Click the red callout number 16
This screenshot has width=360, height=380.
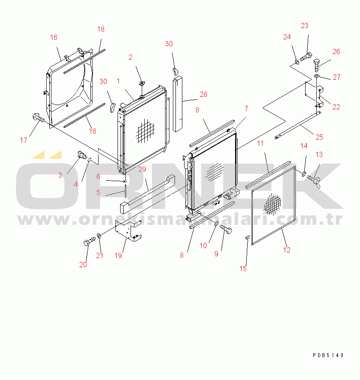pos(54,37)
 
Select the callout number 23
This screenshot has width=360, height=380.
pos(305,26)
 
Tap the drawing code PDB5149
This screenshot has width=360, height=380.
pos(328,355)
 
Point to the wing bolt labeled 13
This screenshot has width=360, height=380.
pos(315,181)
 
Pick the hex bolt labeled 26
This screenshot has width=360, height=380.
pos(317,65)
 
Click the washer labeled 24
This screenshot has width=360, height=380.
pos(296,62)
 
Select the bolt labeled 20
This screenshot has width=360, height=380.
pos(89,241)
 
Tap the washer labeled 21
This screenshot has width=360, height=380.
pos(99,236)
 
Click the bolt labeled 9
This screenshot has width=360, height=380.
pos(226,229)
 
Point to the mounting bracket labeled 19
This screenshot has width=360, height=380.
pos(128,231)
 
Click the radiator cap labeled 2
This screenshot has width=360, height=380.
pos(142,83)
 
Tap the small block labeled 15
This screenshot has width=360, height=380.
pos(247,237)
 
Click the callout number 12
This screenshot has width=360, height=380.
pos(287,250)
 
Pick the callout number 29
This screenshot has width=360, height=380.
pos(142,169)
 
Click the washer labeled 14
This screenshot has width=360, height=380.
pos(303,173)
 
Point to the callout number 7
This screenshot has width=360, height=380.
pos(246,109)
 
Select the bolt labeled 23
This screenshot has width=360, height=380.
pos(306,57)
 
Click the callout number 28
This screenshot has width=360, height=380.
pos(204,95)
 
